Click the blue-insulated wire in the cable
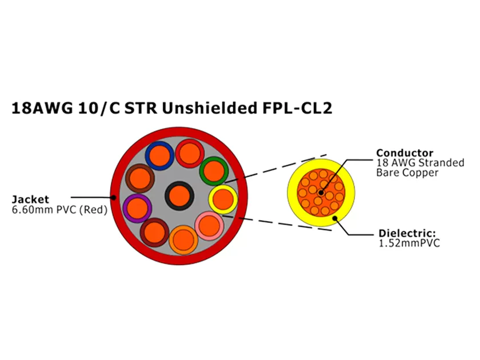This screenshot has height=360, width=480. coord(158,154)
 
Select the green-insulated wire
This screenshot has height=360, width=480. coord(214,170)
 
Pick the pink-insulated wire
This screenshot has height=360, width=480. coord(209,225)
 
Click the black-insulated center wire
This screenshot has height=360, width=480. coord(180,197)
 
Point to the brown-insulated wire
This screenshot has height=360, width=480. coord(139,178)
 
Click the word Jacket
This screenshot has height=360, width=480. coord(30,199)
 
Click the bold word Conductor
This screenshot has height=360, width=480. coord(404,153)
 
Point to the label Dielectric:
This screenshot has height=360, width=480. coord(407,233)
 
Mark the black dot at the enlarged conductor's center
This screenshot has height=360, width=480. coord(321,193)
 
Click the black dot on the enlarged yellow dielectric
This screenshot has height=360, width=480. coord(335,218)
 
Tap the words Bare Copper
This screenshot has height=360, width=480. coord(406,172)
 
